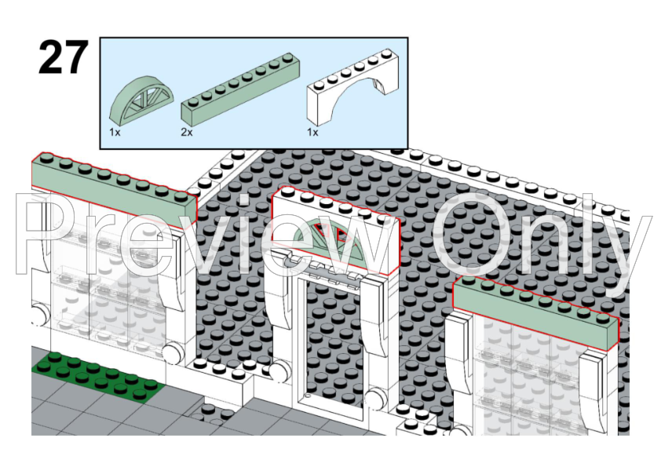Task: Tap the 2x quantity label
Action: tap(187, 133)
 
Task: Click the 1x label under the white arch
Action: tap(312, 133)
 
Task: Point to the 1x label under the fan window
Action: tap(115, 133)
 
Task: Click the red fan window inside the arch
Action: tap(334, 236)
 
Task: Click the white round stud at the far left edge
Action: tap(37, 317)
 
